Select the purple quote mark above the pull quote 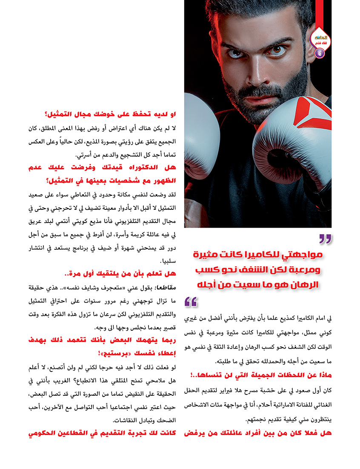(x=325, y=239)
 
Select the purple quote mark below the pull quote (x=191, y=302)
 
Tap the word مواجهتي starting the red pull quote (x=306, y=257)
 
